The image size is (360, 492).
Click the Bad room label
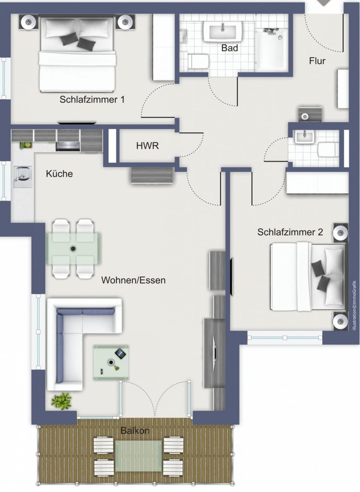[x=229, y=48]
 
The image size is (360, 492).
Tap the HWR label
[x=147, y=145]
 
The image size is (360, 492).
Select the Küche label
[x=59, y=174]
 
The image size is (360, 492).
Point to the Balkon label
[x=135, y=430]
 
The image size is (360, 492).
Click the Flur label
[x=317, y=61]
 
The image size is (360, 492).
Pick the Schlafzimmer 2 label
[x=290, y=232]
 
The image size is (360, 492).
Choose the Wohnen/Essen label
[x=133, y=280]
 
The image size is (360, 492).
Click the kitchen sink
[x=22, y=177]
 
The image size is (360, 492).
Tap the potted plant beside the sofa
[x=61, y=401]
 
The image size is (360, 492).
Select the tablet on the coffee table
[x=120, y=354]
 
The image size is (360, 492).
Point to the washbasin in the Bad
[x=222, y=31]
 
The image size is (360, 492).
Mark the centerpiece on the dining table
[x=73, y=249]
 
